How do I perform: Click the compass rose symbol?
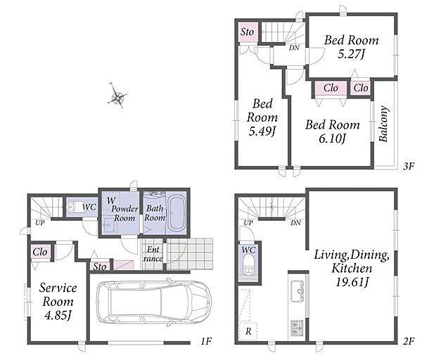pos(117,96)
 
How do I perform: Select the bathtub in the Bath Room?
pos(177,213)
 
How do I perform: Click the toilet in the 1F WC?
pos(72,207)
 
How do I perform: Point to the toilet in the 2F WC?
pos(248,265)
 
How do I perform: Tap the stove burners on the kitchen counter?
pos(297,328)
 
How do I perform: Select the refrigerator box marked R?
pos(248,331)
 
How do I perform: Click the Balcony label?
pos(383,124)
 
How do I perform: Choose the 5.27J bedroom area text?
pos(351,55)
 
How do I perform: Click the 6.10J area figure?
pos(332,139)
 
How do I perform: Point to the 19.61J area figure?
pos(352,282)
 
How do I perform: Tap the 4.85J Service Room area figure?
pos(58,315)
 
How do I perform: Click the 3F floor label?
pos(408,167)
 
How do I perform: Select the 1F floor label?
pos(206,342)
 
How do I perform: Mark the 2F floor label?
pos(409,342)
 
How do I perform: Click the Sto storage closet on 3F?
pos(248,32)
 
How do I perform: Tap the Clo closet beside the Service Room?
pos(40,252)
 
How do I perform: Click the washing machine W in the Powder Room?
pos(111,200)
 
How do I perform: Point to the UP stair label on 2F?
pos(248,223)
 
